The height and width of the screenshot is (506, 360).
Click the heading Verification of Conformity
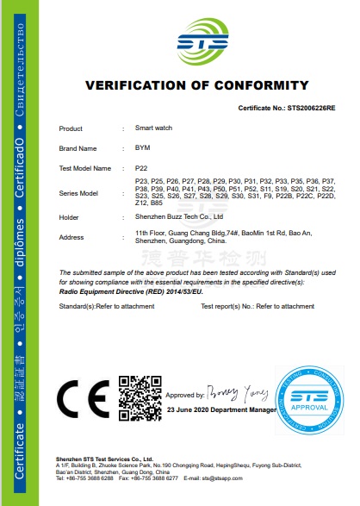196,85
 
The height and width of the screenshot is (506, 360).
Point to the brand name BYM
143,147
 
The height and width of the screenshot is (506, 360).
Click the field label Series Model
78,193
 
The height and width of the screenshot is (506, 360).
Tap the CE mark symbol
82,397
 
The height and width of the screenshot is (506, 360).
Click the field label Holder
69,217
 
